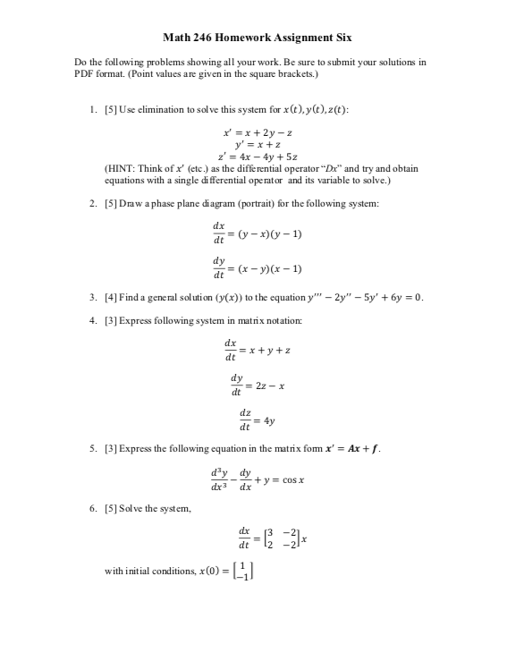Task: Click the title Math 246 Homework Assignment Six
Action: point(257,38)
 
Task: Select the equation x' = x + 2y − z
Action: point(257,131)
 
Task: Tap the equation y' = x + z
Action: point(257,143)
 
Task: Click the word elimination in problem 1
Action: point(159,109)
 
